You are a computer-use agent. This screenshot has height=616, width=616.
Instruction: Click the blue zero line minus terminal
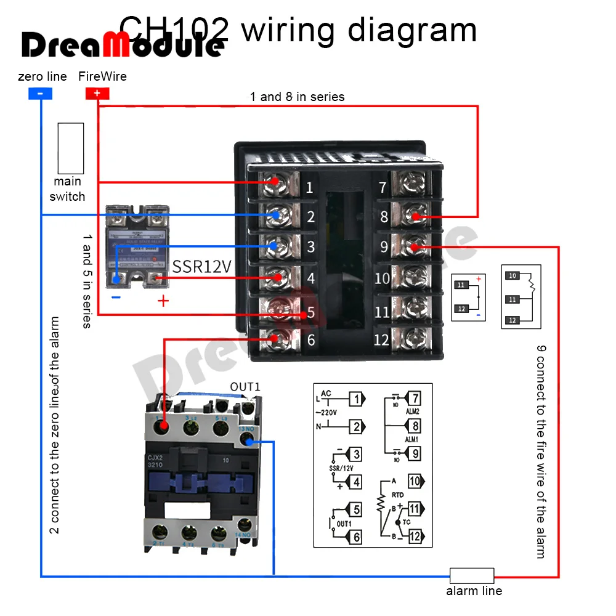(40, 94)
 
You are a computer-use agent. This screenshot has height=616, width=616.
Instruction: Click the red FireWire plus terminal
(97, 94)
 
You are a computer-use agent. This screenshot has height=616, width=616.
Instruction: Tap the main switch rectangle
(70, 148)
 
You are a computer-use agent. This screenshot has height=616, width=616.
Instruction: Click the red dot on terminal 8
(416, 217)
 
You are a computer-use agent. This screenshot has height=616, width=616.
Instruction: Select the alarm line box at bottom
(471, 576)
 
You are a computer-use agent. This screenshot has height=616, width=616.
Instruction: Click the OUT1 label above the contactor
(245, 387)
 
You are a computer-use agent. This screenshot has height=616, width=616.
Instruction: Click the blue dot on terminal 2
(277, 215)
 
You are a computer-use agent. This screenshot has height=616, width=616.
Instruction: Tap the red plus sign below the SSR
(163, 301)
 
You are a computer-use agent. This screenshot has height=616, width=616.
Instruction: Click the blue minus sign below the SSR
(116, 298)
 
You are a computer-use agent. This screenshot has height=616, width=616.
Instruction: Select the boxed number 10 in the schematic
(415, 481)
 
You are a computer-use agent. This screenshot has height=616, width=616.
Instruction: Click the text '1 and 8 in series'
(297, 97)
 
